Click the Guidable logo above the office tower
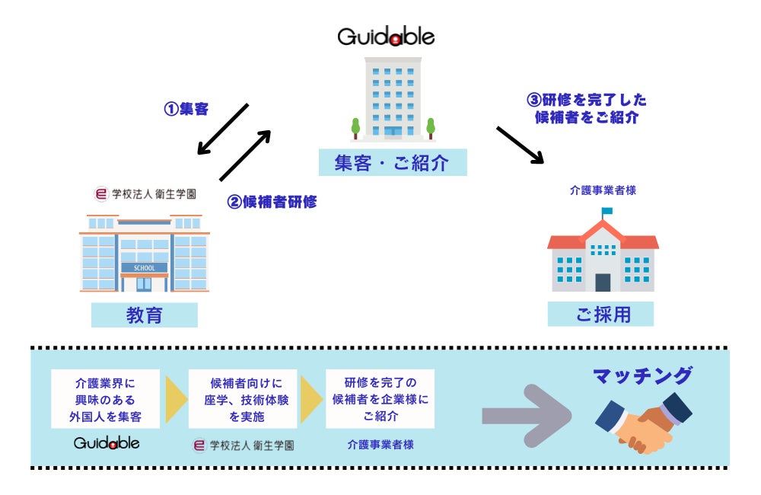pyautogui.click(x=386, y=37)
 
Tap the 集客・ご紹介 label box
pyautogui.click(x=393, y=162)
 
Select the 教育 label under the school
pyautogui.click(x=144, y=315)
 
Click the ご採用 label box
pyautogui.click(x=600, y=314)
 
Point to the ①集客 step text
pyautogui.click(x=186, y=109)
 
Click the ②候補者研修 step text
pyautogui.click(x=272, y=202)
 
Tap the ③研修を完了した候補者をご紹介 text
pyautogui.click(x=587, y=108)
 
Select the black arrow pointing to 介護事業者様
pyautogui.click(x=520, y=145)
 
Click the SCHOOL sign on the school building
pyautogui.click(x=144, y=267)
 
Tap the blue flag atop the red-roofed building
pyautogui.click(x=607, y=211)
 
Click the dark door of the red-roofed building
pyautogui.click(x=603, y=283)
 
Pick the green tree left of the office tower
pyautogui.click(x=355, y=128)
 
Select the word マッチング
pyautogui.click(x=642, y=375)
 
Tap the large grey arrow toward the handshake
pyautogui.click(x=527, y=415)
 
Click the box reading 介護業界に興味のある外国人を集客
pyautogui.click(x=105, y=399)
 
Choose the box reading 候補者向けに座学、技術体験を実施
pyautogui.click(x=243, y=399)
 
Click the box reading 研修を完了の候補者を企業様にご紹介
pyautogui.click(x=380, y=399)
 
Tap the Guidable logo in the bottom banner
pyautogui.click(x=107, y=443)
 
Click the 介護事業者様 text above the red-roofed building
pyautogui.click(x=603, y=190)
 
